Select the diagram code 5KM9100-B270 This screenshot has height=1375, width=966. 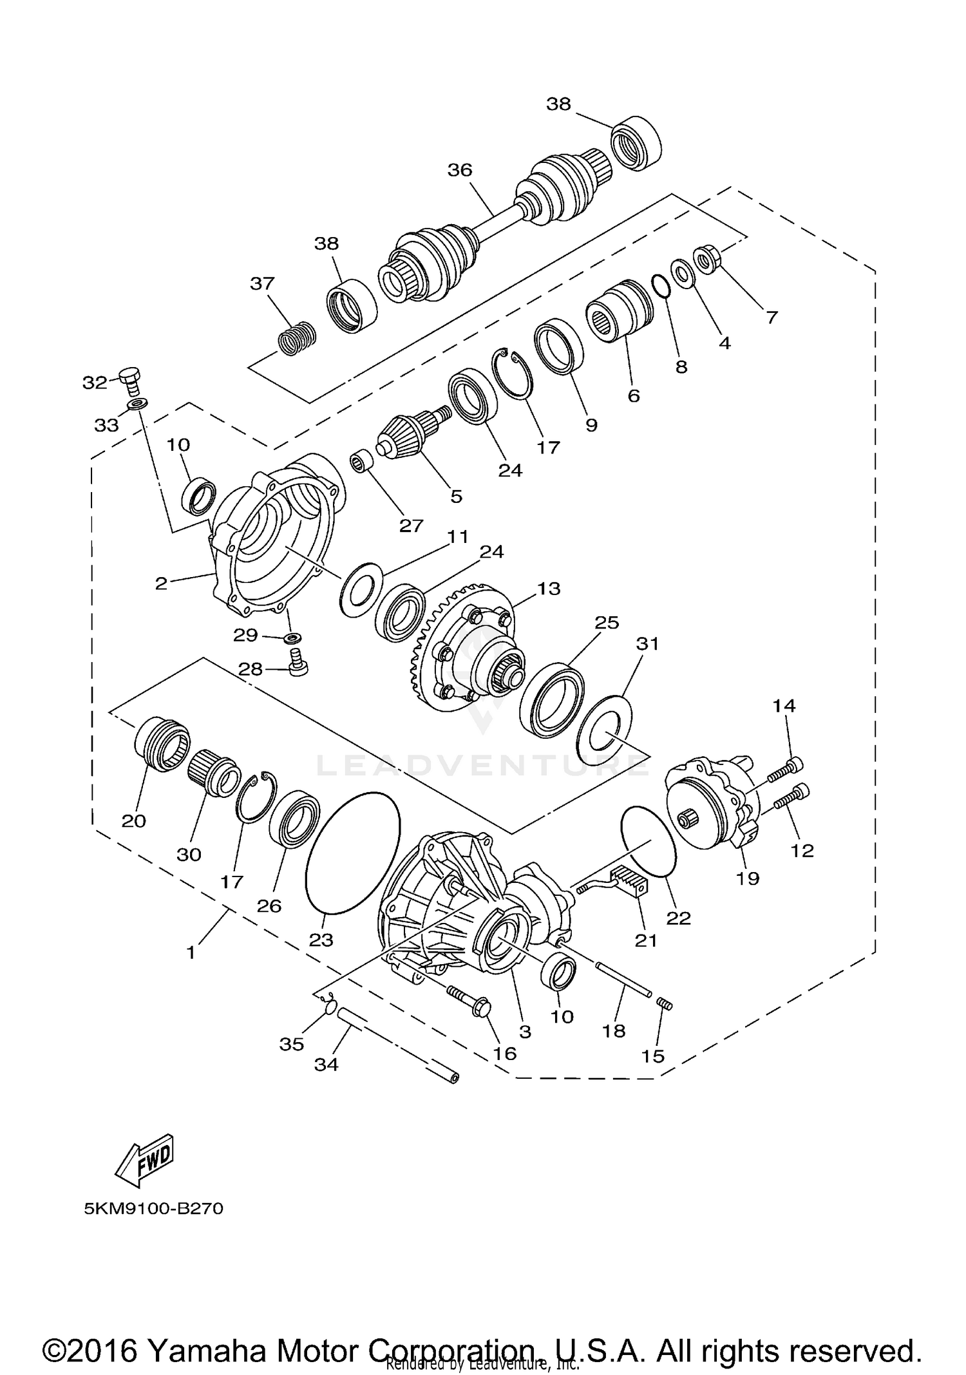153,1208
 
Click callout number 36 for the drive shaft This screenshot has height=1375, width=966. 460,170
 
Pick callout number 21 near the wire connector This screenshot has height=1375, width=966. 646,941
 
